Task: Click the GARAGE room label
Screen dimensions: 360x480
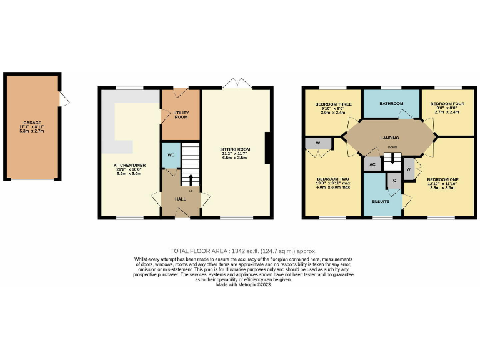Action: (32, 122)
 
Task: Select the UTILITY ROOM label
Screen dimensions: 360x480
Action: (181, 115)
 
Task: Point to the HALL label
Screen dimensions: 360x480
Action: (180, 199)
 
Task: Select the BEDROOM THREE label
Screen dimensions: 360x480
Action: (332, 104)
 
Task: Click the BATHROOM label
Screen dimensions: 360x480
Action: (392, 103)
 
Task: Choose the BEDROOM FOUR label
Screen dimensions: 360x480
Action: (447, 104)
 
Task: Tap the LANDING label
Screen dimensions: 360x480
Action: (389, 137)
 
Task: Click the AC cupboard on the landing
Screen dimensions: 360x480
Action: (372, 164)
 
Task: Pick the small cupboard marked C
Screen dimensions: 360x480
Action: (394, 180)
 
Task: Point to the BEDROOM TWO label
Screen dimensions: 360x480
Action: (332, 179)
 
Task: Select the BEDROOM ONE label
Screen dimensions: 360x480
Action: (442, 180)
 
